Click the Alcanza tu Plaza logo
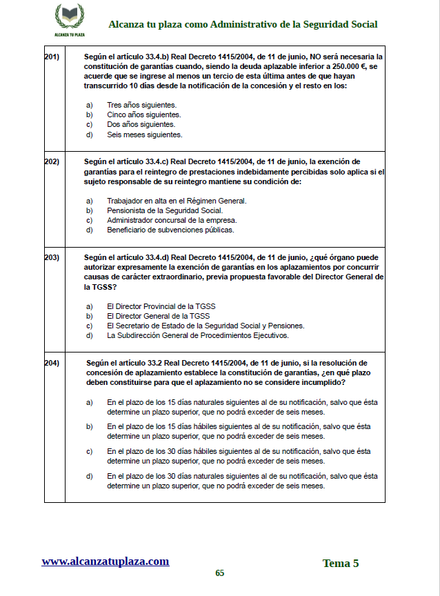point(69,20)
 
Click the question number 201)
point(52,57)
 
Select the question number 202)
point(52,162)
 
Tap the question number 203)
point(52,257)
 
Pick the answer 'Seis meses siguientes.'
point(144,135)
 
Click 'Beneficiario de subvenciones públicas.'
point(170,230)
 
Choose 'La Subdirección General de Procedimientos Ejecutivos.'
point(197,335)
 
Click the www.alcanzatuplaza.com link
point(106,562)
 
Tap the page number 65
point(220,573)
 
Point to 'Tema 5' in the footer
point(341,564)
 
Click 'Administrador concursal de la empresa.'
point(172,220)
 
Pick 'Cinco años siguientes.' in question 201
point(143,115)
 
